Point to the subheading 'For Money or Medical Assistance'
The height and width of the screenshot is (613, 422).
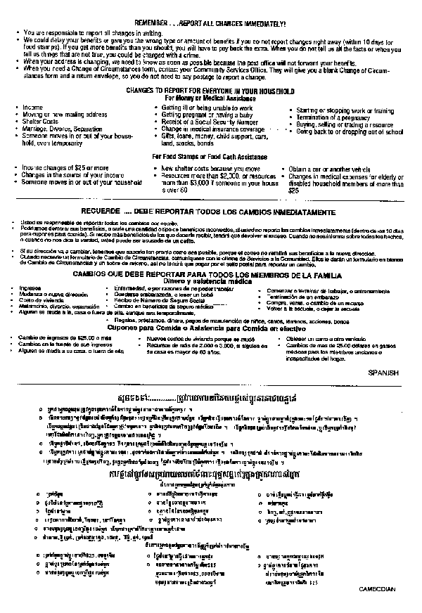pyautogui.click(x=210, y=99)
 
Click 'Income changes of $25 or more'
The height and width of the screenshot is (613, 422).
pyautogui.click(x=56, y=169)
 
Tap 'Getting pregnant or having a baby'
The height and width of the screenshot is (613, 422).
pyautogui.click(x=202, y=115)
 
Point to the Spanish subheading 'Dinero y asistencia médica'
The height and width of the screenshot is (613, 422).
pyautogui.click(x=211, y=280)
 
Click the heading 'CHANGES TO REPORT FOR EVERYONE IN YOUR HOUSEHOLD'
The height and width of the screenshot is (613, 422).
pyautogui.click(x=210, y=92)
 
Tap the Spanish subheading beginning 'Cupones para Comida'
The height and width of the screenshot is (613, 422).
pyautogui.click(x=210, y=328)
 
